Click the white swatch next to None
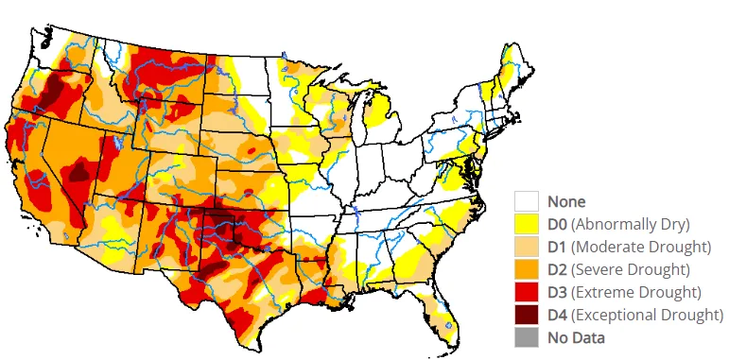[527, 201]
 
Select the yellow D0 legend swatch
[527, 224]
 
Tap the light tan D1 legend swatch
[527, 247]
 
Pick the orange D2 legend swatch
[527, 269]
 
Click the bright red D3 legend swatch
[527, 292]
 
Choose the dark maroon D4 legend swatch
[527, 315]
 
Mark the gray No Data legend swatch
[527, 337]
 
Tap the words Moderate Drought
[642, 247]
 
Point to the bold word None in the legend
[566, 201]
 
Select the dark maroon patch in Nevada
[80, 170]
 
